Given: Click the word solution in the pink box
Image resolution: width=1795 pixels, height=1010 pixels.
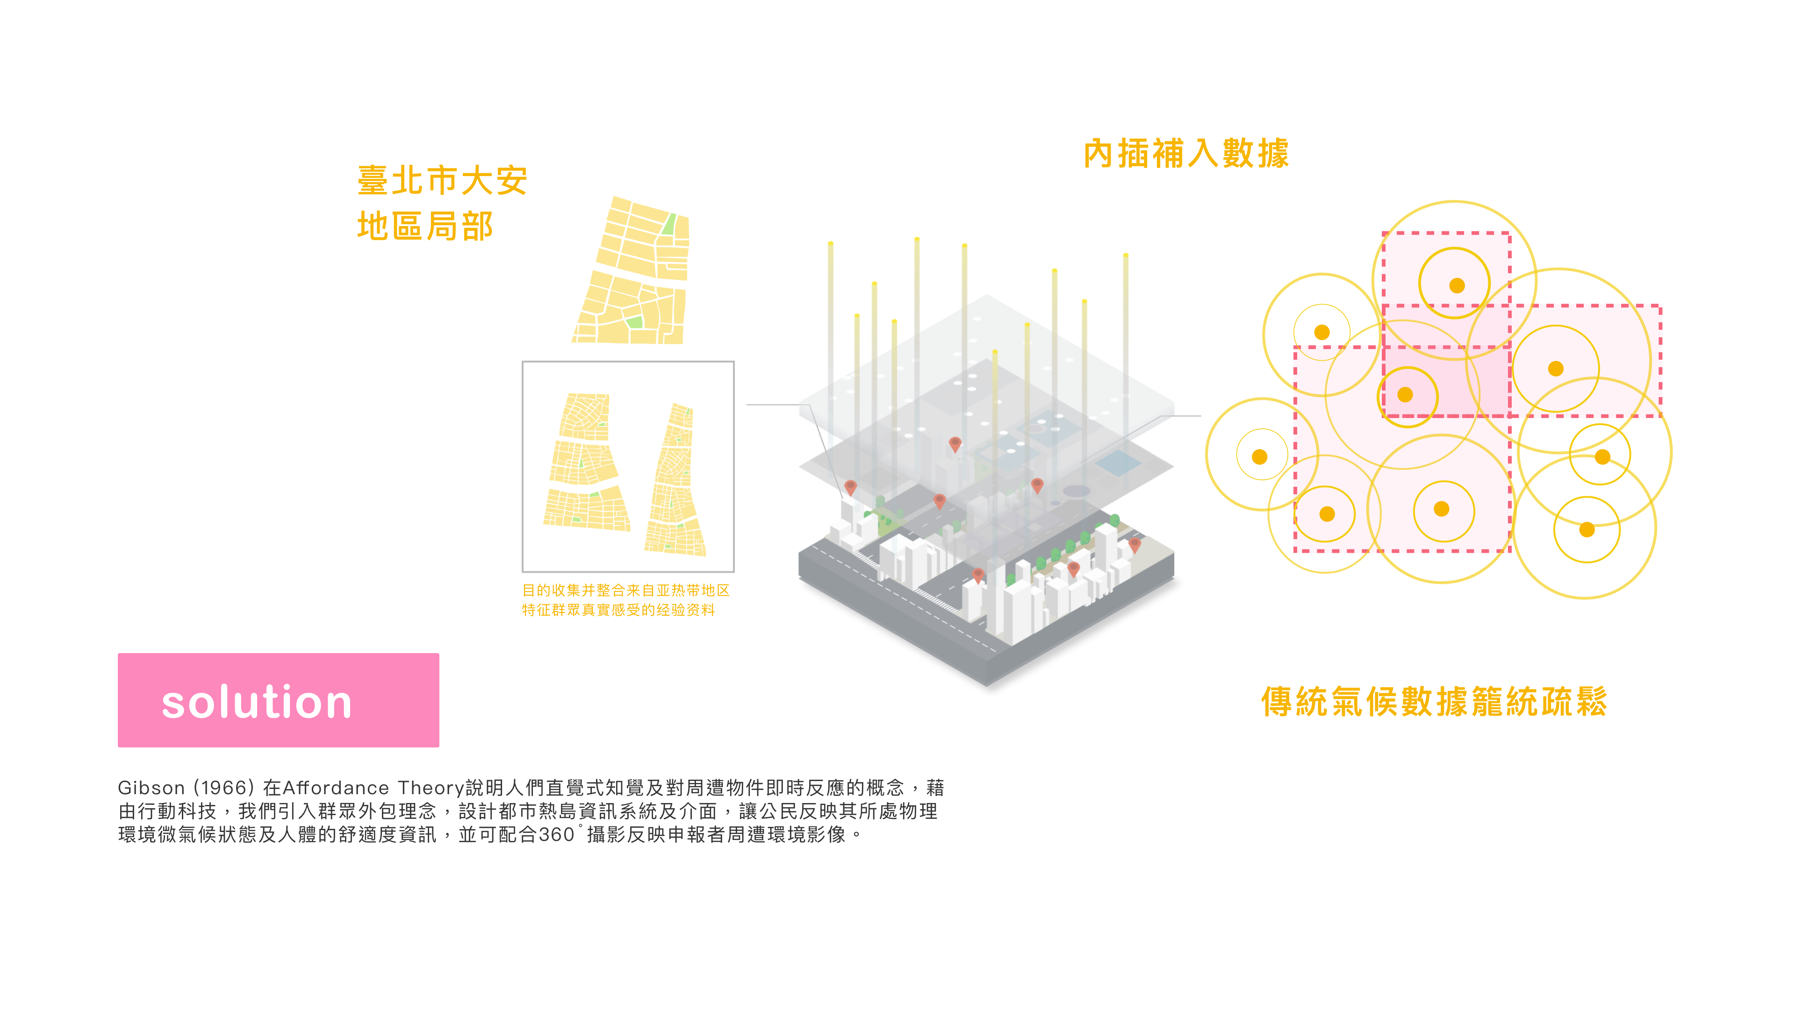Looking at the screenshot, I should tap(257, 702).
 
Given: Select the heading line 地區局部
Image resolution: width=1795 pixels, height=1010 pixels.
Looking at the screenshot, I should tap(425, 227).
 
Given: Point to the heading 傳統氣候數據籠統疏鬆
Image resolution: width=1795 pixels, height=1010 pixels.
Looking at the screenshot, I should tap(1434, 701).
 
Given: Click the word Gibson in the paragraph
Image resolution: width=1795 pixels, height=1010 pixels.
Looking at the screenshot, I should tap(151, 788).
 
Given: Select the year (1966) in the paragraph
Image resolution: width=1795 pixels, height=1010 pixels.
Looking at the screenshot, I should tap(223, 788).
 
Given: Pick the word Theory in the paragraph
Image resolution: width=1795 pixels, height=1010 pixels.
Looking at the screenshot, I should tap(431, 788).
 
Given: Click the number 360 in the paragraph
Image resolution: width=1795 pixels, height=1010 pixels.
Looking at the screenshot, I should tap(556, 834).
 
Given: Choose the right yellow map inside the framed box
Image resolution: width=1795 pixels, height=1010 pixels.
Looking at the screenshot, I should tap(675, 481).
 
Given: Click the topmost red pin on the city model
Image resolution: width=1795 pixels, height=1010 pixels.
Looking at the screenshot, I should tap(955, 443).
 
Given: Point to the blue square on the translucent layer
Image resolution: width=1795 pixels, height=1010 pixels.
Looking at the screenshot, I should tap(1118, 462).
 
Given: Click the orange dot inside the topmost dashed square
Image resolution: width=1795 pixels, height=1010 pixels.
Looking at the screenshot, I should tap(1457, 285).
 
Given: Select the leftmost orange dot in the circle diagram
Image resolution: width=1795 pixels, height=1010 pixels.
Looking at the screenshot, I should tap(1260, 457).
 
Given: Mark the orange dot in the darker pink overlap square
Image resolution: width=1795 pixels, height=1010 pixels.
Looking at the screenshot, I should tap(1406, 395).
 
